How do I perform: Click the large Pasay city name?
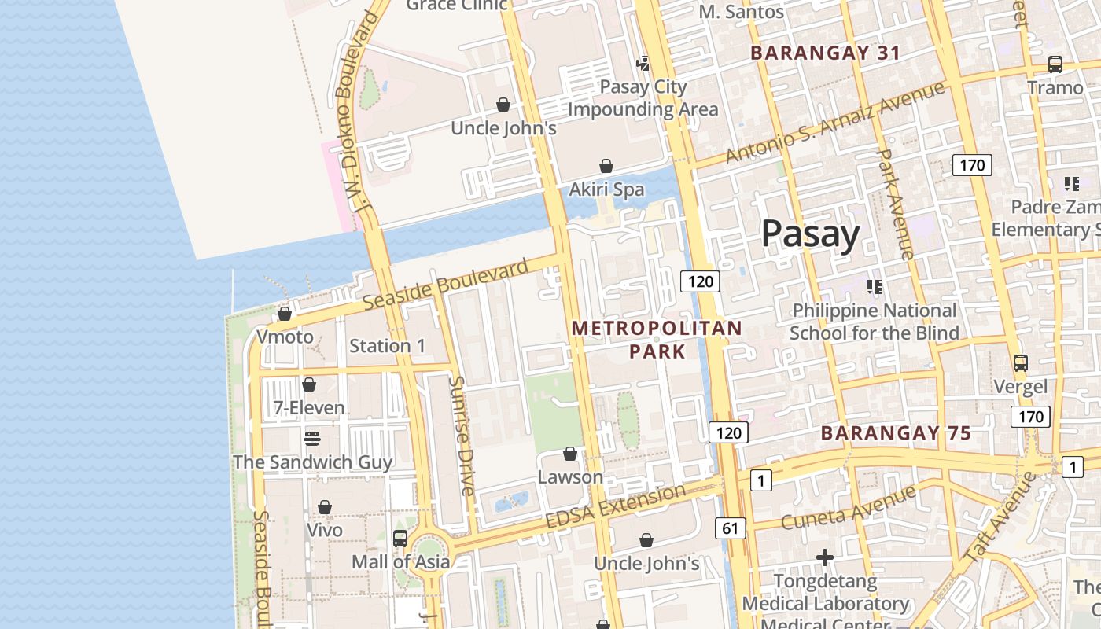tap(810, 234)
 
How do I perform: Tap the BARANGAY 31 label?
tap(825, 53)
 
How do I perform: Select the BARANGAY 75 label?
tap(896, 432)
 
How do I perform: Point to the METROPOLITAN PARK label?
tap(657, 339)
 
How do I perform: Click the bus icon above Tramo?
tap(1055, 64)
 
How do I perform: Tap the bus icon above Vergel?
tap(1020, 362)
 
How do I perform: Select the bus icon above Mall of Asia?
tap(400, 538)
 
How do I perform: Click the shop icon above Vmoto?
tap(285, 314)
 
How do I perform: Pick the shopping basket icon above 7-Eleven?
tap(309, 384)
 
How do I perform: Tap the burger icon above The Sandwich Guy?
tap(312, 438)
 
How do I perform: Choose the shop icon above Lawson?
tap(570, 454)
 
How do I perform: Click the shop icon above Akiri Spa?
tap(606, 166)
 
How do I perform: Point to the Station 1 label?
tap(387, 346)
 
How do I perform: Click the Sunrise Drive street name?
tap(462, 435)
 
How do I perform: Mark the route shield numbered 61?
tap(731, 528)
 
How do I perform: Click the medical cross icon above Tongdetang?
tap(824, 557)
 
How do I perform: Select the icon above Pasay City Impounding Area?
tap(643, 63)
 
